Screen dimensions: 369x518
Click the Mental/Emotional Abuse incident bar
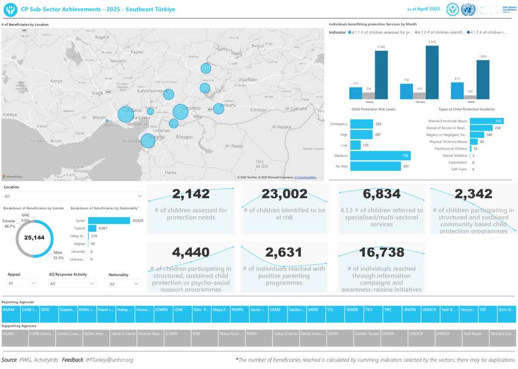481,121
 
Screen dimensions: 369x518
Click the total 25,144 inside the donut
35,237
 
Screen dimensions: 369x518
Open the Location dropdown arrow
140,196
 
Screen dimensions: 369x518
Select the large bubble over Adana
125,114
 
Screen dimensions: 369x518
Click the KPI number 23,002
284,194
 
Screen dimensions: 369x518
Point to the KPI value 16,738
381,252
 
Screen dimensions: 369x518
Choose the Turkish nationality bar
92,228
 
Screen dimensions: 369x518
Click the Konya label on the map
56,80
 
